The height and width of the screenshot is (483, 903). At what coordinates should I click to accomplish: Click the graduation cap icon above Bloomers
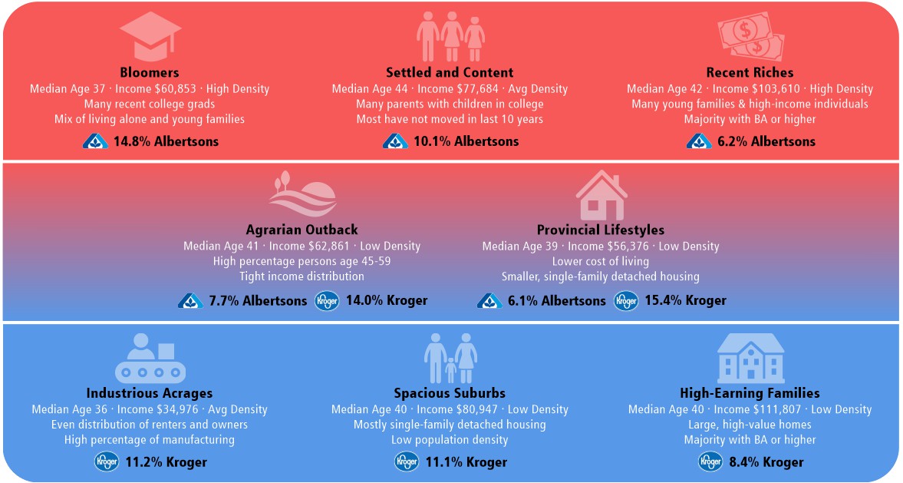point(150,35)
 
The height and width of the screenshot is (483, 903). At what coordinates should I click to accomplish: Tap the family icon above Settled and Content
point(450,35)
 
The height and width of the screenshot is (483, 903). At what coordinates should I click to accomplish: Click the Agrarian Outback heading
point(302,230)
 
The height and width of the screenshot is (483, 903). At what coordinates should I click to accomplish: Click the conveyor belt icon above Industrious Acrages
point(150,358)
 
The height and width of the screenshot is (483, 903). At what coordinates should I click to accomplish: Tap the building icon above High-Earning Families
point(750,358)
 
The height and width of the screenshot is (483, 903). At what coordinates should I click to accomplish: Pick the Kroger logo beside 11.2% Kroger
point(106,461)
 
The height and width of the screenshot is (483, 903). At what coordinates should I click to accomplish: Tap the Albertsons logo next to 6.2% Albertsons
point(699,141)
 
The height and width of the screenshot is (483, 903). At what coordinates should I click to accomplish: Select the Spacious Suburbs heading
point(450,393)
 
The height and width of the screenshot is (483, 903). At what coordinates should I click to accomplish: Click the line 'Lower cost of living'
point(601,261)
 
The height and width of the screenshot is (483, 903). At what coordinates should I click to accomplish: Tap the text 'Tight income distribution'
point(302,276)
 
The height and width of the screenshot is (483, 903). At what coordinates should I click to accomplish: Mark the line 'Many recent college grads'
point(150,104)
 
